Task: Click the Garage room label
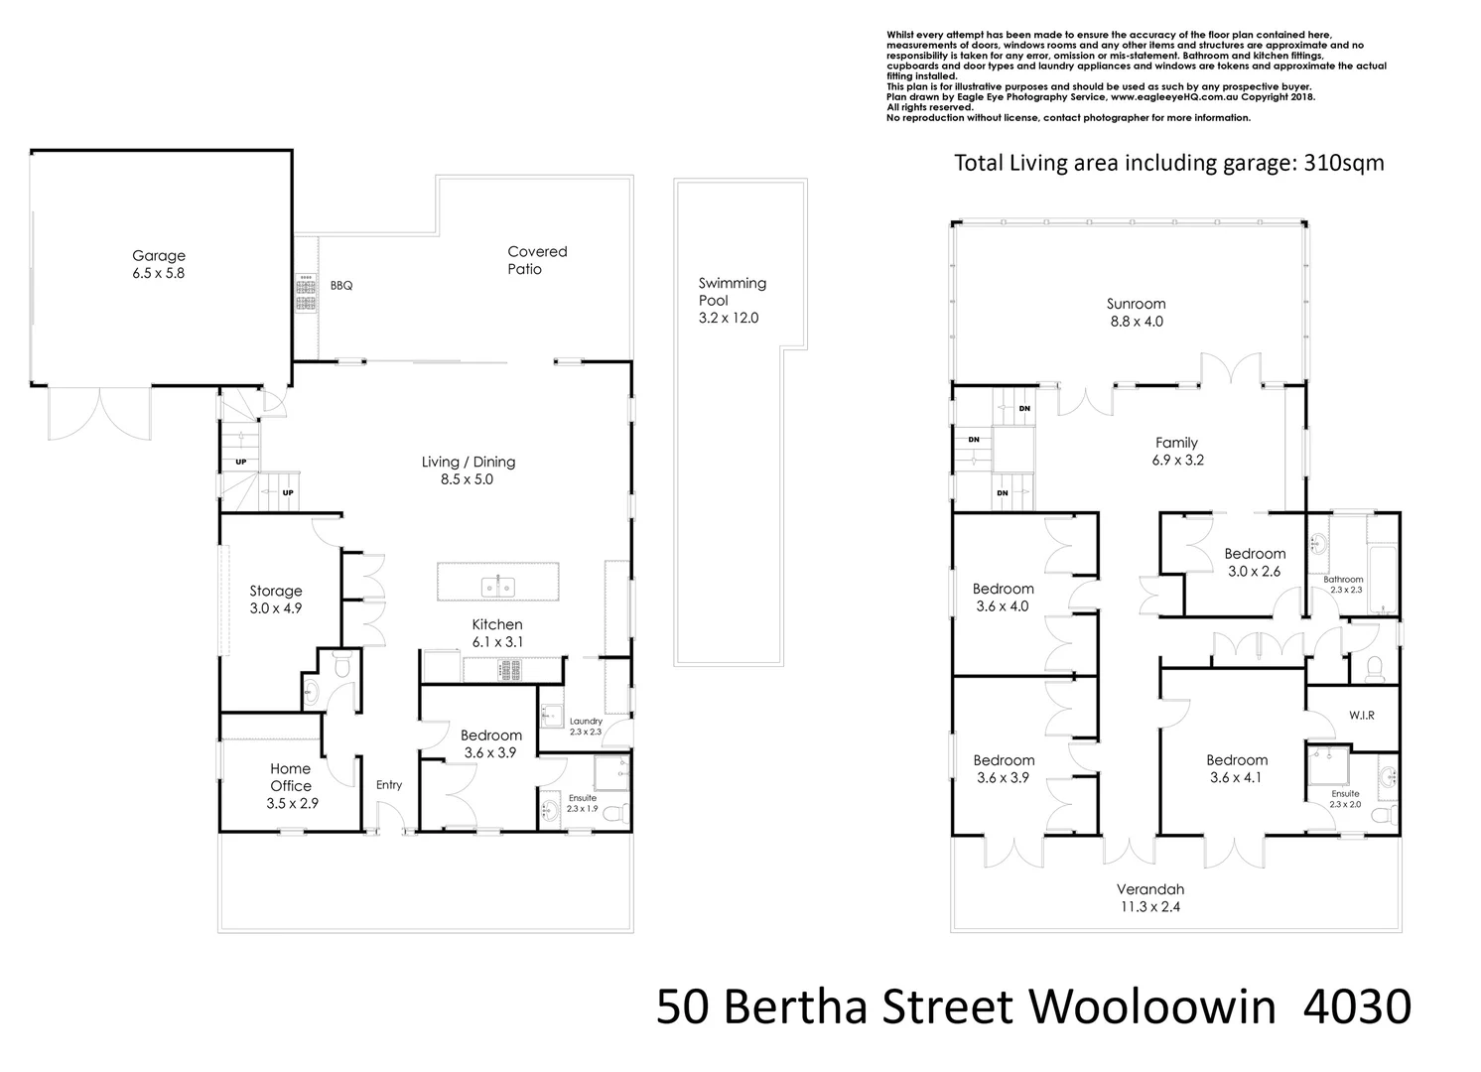[159, 256]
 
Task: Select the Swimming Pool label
[732, 292]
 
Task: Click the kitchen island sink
[498, 587]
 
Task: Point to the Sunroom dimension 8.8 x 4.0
[1136, 322]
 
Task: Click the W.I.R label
[1361, 715]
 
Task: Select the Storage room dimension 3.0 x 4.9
[275, 608]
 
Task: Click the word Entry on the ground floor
[389, 785]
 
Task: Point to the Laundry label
[586, 722]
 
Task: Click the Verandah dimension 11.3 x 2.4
[1149, 906]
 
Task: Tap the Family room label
[1176, 443]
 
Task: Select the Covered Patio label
[536, 260]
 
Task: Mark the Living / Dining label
[469, 462]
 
